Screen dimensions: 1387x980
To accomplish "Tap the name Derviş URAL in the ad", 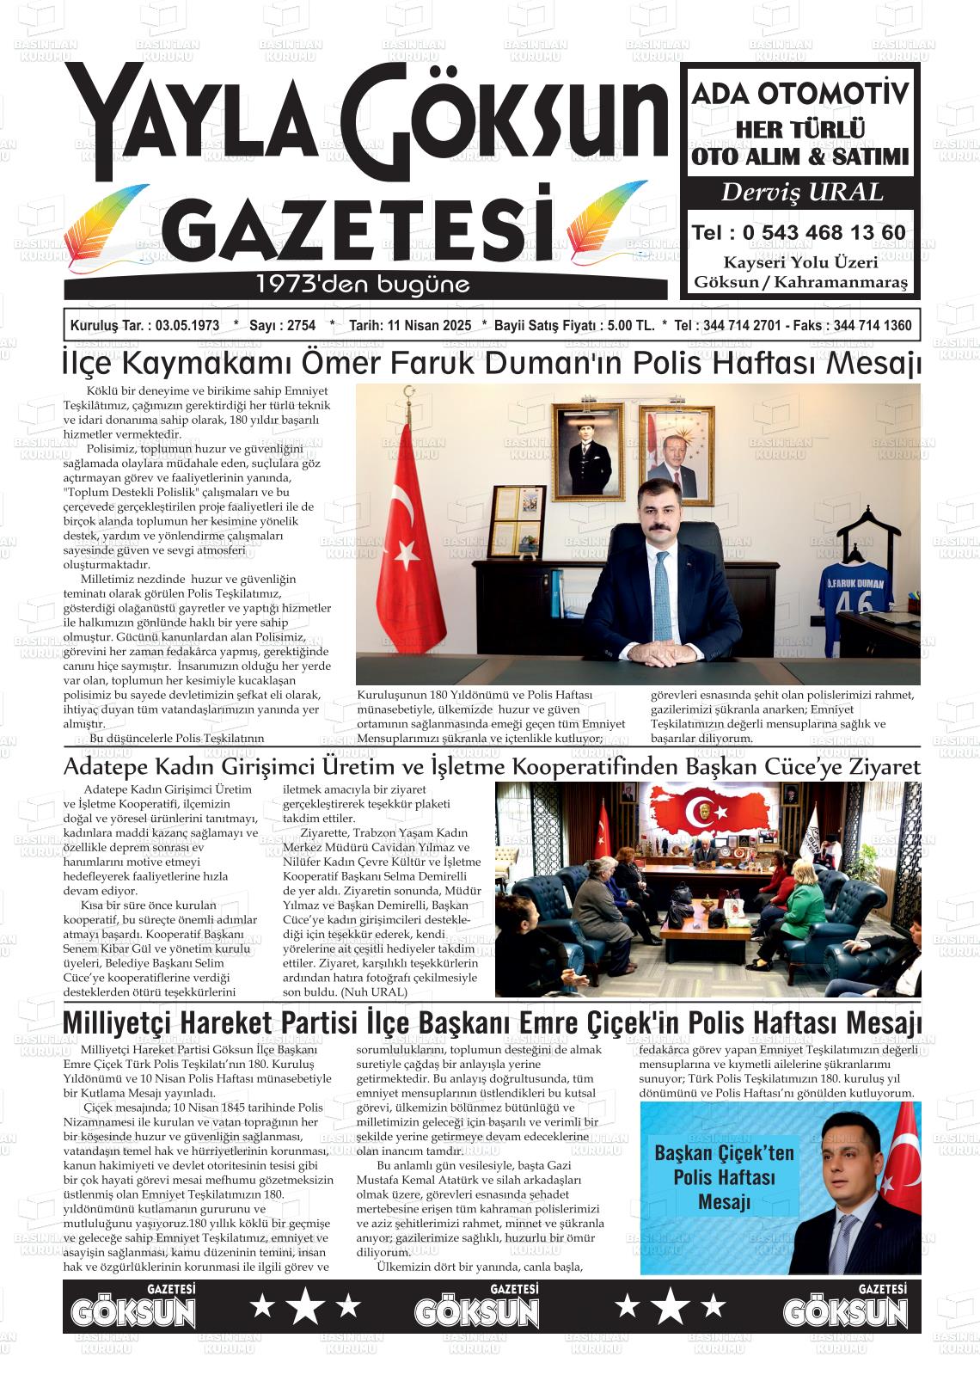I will tap(801, 192).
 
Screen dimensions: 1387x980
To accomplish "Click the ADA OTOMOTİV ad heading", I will tap(800, 94).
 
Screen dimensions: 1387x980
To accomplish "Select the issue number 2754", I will tap(300, 326).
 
